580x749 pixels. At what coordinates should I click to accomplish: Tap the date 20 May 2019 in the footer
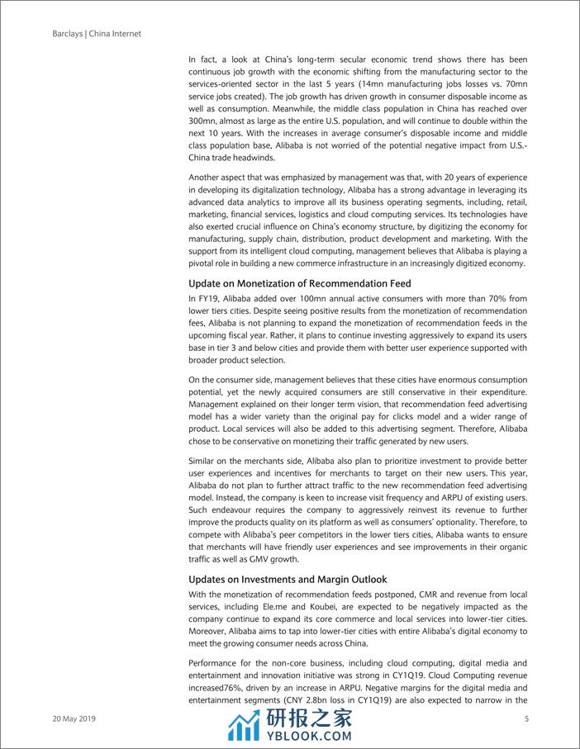click(x=74, y=719)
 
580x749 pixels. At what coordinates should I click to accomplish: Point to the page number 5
click(x=526, y=719)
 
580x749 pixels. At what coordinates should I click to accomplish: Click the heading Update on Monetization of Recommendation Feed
click(x=299, y=284)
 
